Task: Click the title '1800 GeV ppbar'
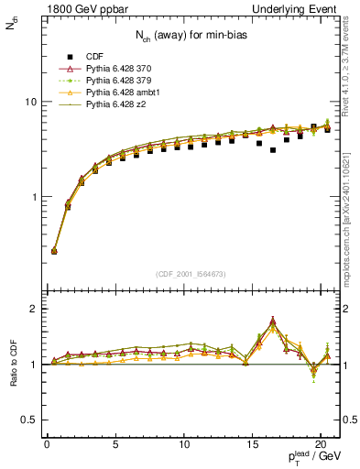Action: coord(74,8)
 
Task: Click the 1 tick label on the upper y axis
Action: coord(32,197)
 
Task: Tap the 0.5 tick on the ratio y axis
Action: coord(27,420)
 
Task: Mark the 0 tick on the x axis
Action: coord(47,446)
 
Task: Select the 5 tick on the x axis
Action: coord(115,446)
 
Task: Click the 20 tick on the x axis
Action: coord(322,446)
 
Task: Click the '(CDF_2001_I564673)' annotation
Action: coord(192,274)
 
